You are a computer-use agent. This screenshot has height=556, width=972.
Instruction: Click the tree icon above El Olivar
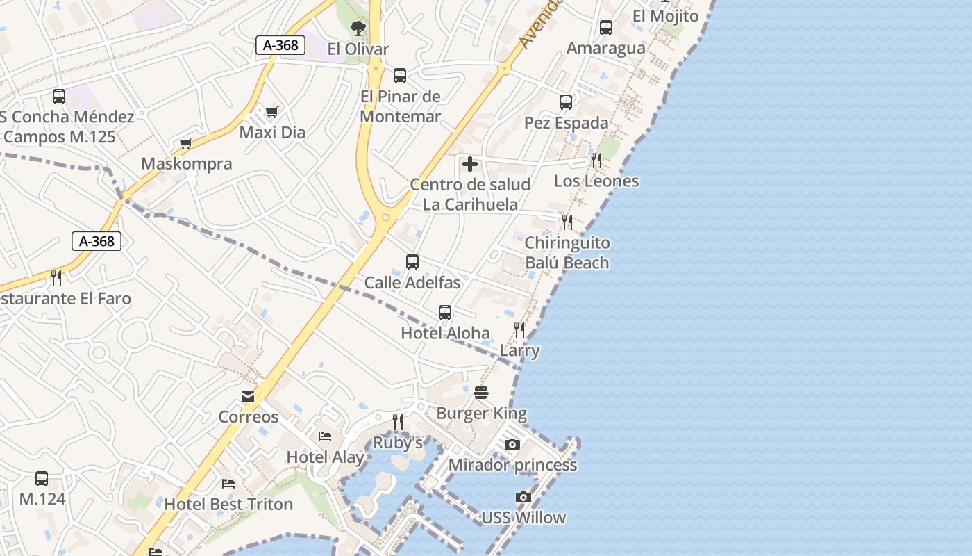[358, 28]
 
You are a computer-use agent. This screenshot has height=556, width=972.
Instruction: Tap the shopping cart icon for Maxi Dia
[272, 112]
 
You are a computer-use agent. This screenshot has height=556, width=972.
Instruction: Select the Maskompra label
[186, 164]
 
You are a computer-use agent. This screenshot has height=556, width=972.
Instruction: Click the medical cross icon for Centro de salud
[470, 164]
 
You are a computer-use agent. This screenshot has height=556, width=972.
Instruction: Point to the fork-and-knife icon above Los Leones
[596, 161]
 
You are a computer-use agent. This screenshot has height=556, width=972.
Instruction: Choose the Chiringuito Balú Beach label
[567, 253]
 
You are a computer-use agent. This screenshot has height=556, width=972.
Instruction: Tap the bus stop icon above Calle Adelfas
[412, 262]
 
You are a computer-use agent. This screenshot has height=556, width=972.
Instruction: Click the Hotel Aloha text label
[445, 333]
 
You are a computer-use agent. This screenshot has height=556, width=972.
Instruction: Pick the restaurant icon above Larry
[519, 329]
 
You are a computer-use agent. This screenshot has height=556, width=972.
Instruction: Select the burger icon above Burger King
[481, 393]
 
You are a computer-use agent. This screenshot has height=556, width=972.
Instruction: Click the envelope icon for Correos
[248, 397]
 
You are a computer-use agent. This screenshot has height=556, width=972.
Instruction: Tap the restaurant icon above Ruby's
[398, 421]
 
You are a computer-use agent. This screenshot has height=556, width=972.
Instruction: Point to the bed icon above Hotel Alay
[325, 436]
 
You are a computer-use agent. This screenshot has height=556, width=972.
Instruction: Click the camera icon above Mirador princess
[512, 445]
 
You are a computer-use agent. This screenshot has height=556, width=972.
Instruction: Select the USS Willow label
[523, 518]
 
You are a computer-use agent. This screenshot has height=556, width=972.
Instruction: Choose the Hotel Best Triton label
[228, 504]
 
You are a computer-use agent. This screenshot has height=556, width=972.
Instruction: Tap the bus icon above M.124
[42, 478]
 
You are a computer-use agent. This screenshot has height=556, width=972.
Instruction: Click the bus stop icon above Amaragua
[606, 28]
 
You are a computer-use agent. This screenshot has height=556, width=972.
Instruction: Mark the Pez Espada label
[566, 123]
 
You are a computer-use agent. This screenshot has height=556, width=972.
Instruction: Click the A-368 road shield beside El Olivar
[280, 45]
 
